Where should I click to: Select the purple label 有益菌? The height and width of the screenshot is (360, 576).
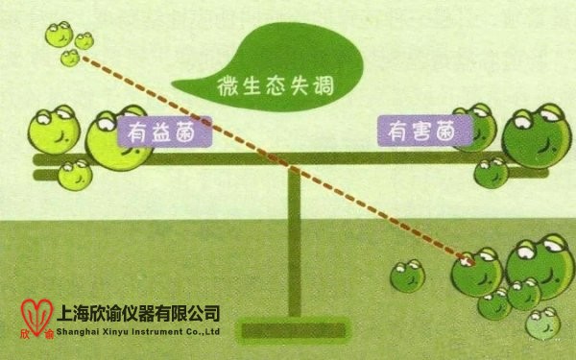click(164, 132)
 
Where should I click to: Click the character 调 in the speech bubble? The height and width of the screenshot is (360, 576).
click(321, 86)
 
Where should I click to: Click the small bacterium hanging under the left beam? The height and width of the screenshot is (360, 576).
click(74, 175)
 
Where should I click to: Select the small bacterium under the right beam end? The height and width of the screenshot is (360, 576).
click(492, 173)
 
